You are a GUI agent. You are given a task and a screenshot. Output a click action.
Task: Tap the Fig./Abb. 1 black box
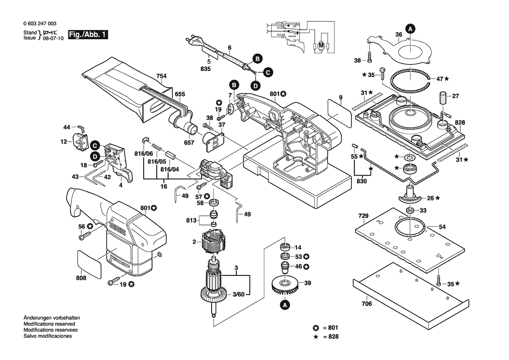pos(88,35)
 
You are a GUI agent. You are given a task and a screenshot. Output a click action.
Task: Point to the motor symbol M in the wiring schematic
pos(321,44)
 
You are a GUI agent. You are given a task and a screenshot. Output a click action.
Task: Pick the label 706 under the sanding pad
pos(367,304)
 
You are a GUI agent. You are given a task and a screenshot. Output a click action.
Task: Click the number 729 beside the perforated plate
pos(364,216)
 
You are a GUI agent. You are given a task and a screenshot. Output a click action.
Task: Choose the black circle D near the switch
pos(94,156)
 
